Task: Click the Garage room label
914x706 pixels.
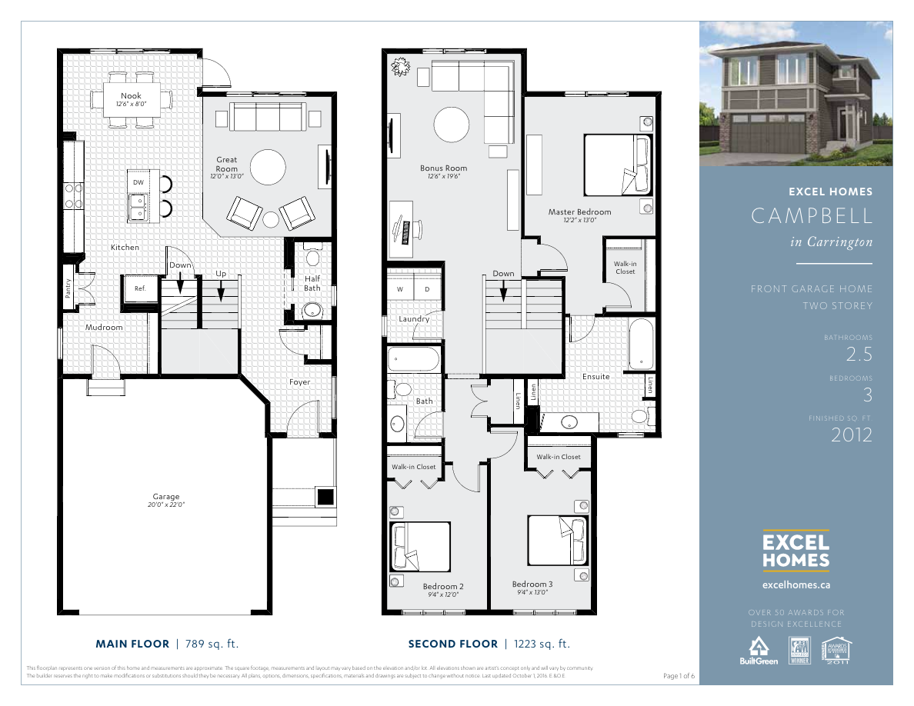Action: [165, 497]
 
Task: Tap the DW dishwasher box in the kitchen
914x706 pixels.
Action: [138, 181]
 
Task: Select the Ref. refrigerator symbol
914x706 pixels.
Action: [139, 289]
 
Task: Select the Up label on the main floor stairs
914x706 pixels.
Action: [221, 273]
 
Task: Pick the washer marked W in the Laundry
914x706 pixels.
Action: [400, 289]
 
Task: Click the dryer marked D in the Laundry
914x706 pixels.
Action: [428, 289]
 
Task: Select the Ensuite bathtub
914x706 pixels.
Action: [640, 345]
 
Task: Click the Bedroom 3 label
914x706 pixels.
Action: [532, 584]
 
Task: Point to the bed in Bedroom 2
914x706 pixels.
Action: [420, 548]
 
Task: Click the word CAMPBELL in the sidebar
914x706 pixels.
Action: [812, 216]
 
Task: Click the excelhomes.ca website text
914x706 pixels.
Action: [796, 584]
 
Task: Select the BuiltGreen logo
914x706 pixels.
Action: [759, 651]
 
